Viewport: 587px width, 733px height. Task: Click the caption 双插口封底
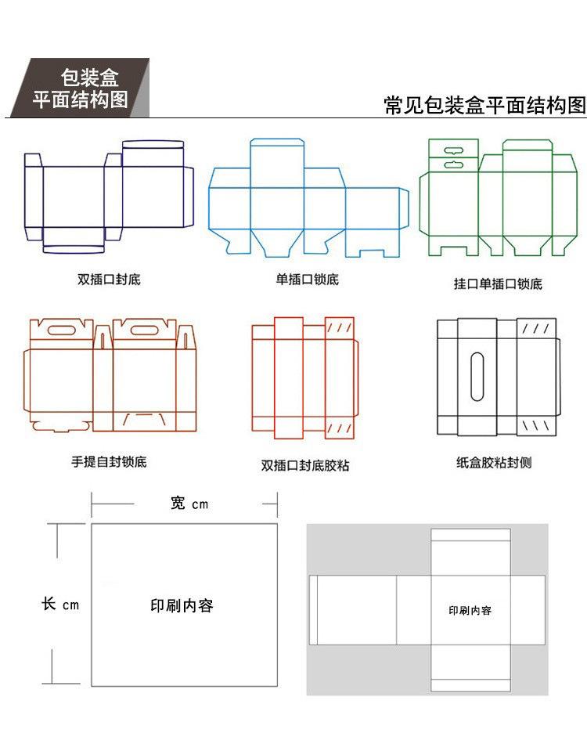(109, 279)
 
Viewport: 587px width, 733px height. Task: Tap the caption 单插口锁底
(307, 280)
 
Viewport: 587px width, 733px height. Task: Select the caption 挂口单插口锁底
(498, 283)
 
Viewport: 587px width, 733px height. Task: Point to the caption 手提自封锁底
(109, 461)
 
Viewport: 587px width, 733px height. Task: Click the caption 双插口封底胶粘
(305, 465)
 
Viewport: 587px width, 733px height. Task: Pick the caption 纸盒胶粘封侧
(494, 463)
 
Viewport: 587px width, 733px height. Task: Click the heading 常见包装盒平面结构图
(484, 106)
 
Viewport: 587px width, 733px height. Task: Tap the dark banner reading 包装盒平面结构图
(81, 88)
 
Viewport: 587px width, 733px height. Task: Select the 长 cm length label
(60, 605)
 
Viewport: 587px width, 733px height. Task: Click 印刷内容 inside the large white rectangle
(182, 605)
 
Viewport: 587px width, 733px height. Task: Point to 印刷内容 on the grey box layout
(470, 610)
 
